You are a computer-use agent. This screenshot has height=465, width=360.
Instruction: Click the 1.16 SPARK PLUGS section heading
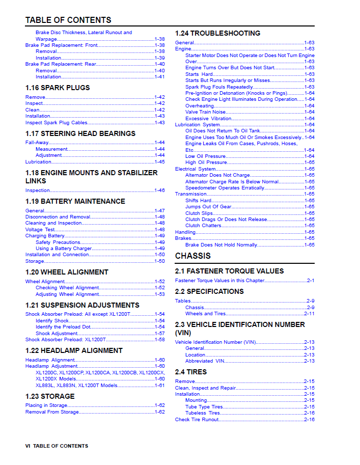[x=58, y=88]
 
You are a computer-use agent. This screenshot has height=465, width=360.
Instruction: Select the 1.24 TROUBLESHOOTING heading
[x=217, y=33]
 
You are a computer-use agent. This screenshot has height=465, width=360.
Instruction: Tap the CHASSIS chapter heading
[x=192, y=256]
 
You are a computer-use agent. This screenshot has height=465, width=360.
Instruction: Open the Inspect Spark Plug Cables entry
[x=56, y=123]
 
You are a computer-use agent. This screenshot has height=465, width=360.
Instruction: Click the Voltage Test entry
[x=40, y=230]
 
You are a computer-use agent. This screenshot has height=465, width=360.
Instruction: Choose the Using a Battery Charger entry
[x=64, y=249]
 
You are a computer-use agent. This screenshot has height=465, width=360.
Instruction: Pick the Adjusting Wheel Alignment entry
[x=67, y=294]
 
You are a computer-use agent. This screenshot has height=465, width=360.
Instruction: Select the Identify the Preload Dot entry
[x=63, y=327]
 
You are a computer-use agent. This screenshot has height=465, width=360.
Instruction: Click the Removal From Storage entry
[x=52, y=412]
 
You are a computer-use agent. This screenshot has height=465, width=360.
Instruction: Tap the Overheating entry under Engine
[x=200, y=106]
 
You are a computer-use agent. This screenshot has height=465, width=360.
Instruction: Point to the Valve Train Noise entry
[x=205, y=112]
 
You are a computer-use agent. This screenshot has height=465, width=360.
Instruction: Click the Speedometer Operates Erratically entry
[x=225, y=188]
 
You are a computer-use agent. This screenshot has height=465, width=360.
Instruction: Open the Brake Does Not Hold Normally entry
[x=221, y=245]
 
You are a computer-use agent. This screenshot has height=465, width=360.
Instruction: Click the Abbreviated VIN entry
[x=205, y=361]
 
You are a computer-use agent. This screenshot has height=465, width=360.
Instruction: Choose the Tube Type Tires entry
[x=204, y=407]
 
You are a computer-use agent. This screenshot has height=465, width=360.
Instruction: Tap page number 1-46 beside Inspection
[x=159, y=190]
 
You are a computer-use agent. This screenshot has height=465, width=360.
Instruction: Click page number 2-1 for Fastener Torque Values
[x=310, y=281]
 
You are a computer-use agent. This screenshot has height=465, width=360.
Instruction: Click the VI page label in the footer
[x=28, y=446]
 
